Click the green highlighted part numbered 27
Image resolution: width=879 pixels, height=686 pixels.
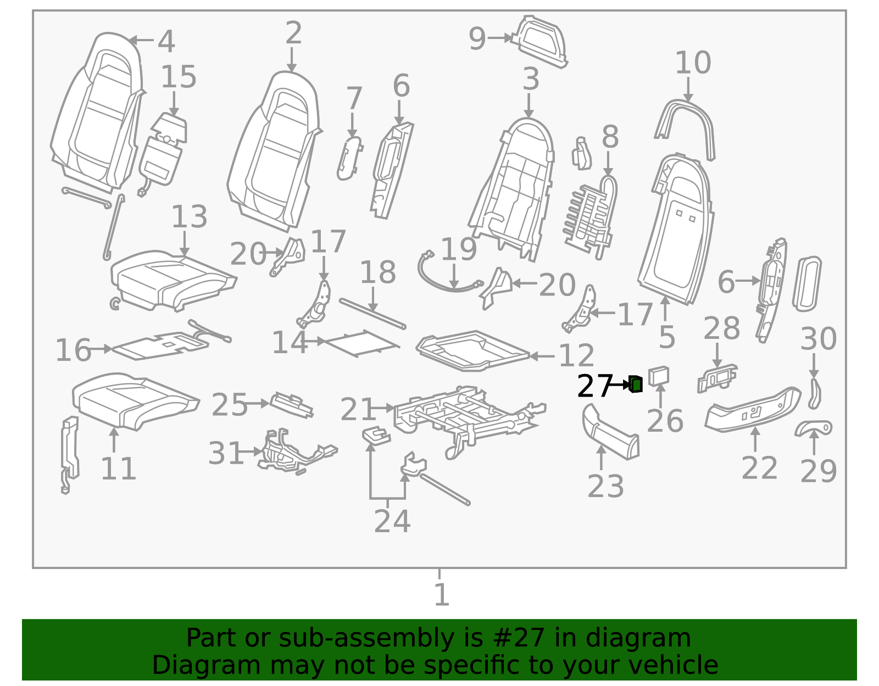pyautogui.click(x=636, y=384)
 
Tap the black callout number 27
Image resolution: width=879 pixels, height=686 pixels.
pyautogui.click(x=594, y=387)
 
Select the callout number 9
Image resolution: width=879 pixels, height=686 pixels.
pyautogui.click(x=477, y=39)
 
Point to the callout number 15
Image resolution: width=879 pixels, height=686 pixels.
pyautogui.click(x=179, y=77)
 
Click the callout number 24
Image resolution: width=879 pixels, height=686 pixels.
pyautogui.click(x=392, y=521)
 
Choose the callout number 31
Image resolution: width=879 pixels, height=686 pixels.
pyautogui.click(x=225, y=453)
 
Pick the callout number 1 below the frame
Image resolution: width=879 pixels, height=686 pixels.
pyautogui.click(x=441, y=595)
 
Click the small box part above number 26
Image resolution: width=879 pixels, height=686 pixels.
pyautogui.click(x=659, y=376)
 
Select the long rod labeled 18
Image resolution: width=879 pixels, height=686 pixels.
pyautogui.click(x=372, y=314)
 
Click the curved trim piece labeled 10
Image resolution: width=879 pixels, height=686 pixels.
pyautogui.click(x=685, y=130)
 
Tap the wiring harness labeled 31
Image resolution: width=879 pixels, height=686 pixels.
pyautogui.click(x=297, y=451)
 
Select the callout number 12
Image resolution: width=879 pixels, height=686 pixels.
pyautogui.click(x=576, y=356)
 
